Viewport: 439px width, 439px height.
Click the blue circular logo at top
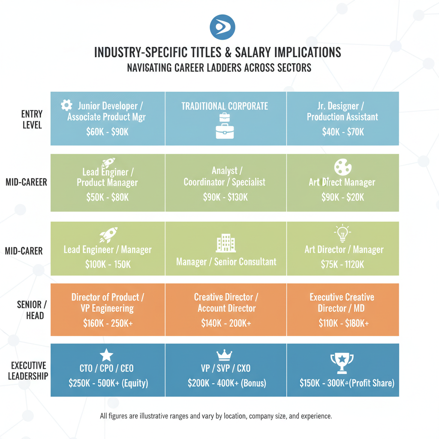tap(223, 27)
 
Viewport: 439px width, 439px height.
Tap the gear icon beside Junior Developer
tap(66, 105)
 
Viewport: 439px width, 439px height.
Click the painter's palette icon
tap(343, 168)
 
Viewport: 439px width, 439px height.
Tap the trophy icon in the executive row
tap(342, 363)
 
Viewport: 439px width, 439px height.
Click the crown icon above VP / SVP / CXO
tap(225, 355)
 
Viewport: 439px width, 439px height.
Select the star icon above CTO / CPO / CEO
tap(106, 355)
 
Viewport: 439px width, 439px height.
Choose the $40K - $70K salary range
tap(343, 132)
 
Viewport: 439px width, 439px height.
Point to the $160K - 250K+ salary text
tap(108, 324)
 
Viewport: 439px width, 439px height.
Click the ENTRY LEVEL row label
tap(32, 120)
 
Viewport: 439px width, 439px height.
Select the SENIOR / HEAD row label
tap(30, 310)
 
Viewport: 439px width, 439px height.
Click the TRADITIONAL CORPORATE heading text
tap(225, 106)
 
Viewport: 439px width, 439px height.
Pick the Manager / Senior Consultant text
tap(226, 261)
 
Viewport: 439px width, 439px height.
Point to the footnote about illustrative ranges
tap(216, 416)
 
